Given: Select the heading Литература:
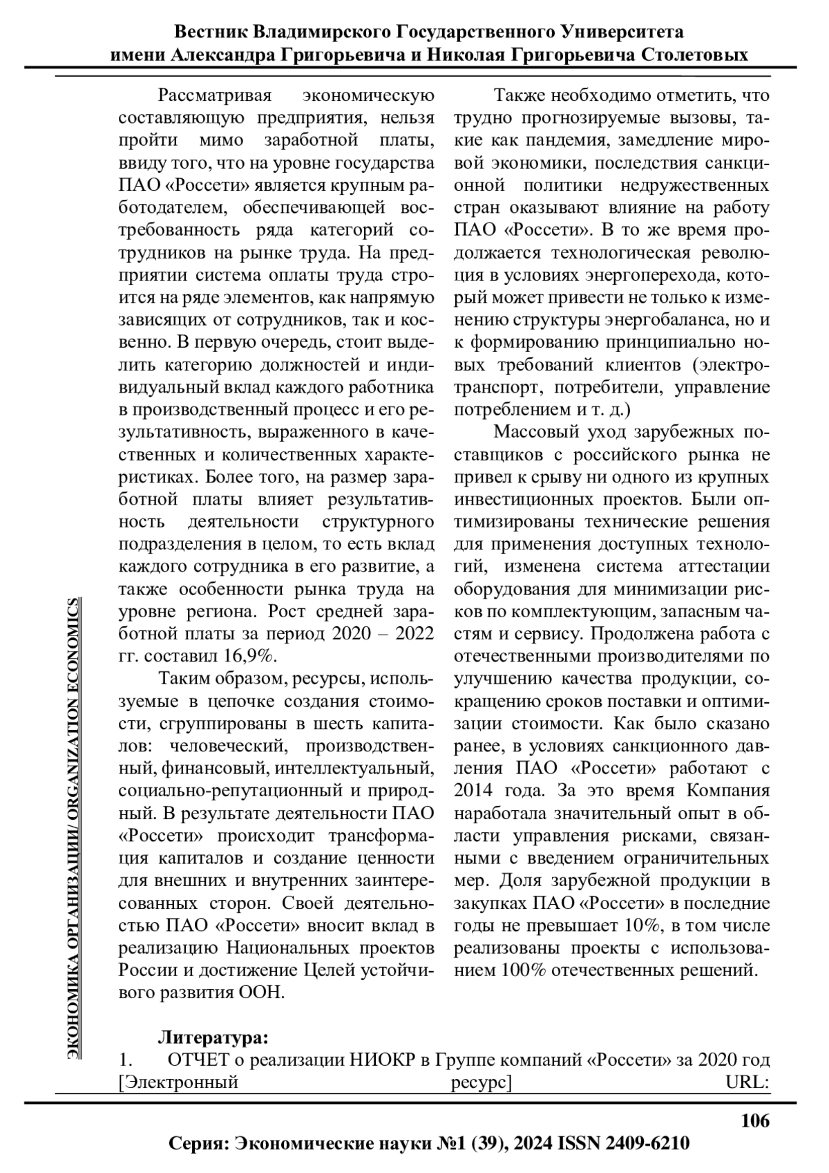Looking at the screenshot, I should [213, 1038].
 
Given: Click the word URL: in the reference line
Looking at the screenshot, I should [747, 1082].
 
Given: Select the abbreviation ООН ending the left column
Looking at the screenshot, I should [263, 992].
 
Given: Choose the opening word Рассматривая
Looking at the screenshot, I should [215, 95].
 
